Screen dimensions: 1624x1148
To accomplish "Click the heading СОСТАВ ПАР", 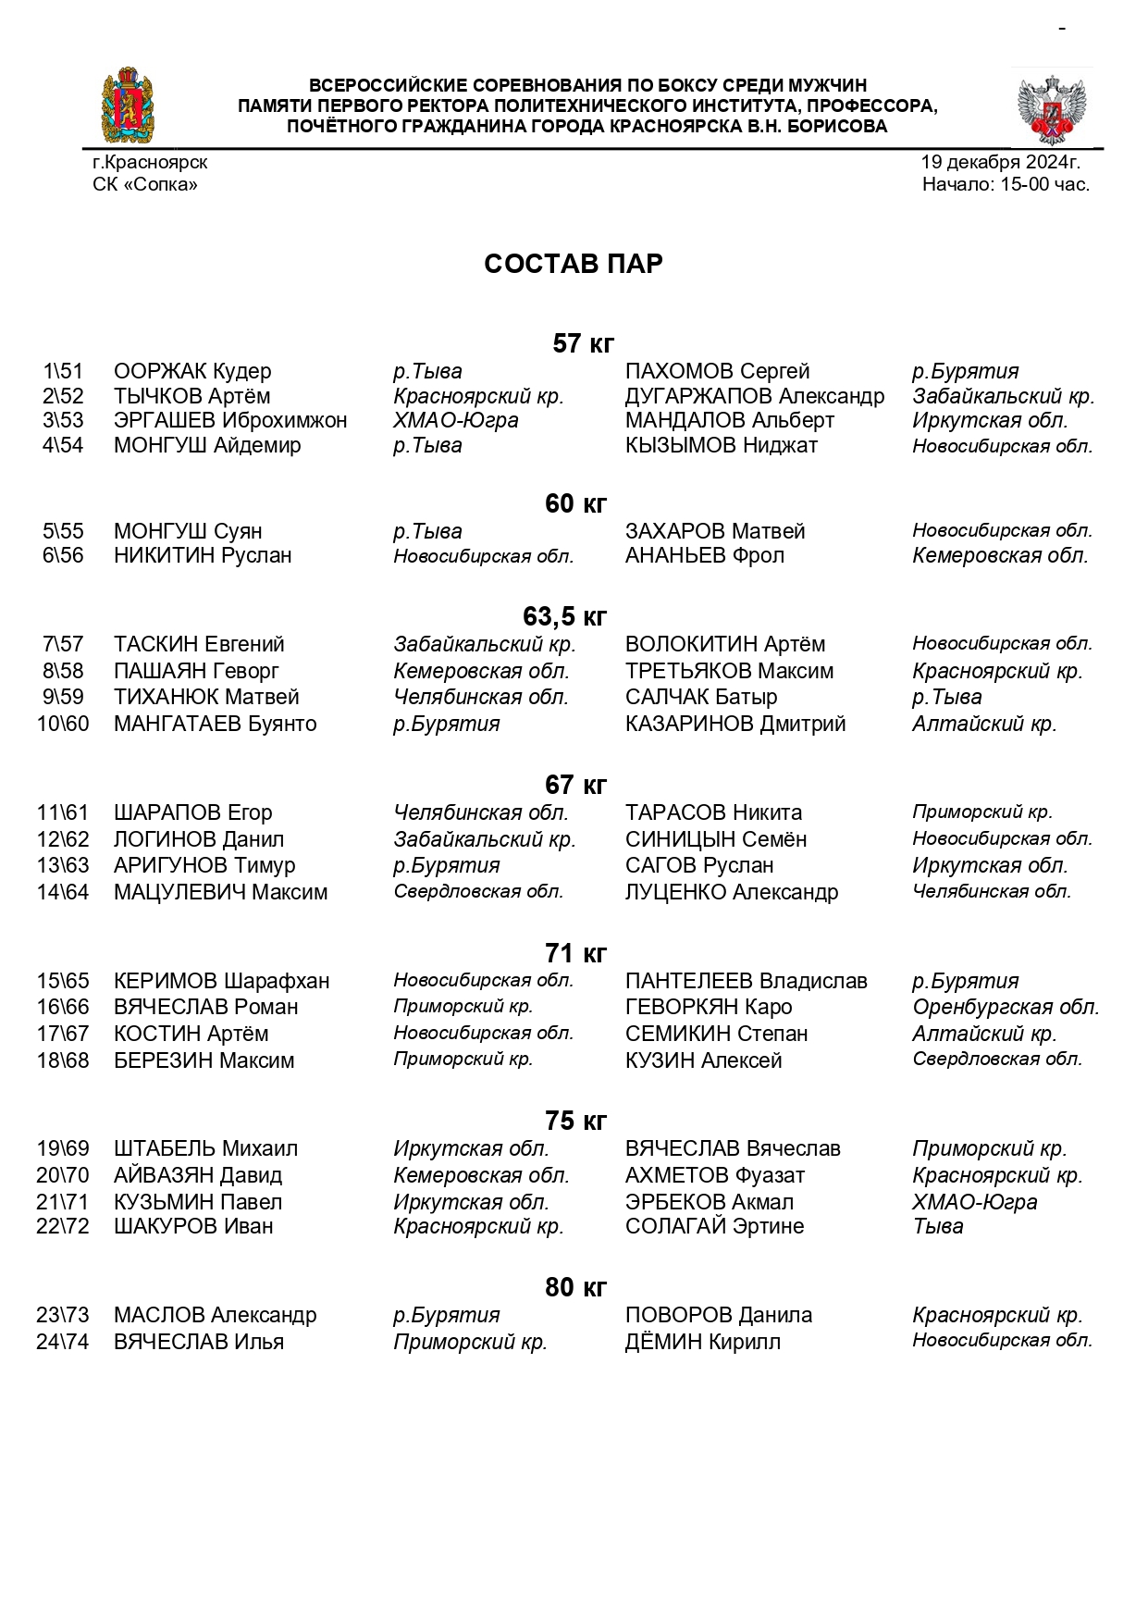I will tap(573, 264).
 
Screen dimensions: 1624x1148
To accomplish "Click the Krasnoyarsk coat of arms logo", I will tap(128, 105).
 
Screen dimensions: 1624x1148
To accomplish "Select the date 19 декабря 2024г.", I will tap(1000, 162).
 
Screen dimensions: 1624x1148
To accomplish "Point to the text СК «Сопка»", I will tap(145, 184).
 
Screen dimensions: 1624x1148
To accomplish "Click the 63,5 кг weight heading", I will tap(564, 616).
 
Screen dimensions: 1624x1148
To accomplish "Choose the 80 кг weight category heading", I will tap(575, 1287).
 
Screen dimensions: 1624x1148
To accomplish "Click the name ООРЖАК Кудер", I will tap(192, 371).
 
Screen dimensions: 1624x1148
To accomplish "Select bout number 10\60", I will tap(63, 724).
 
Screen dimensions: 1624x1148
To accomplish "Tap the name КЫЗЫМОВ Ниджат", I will tap(722, 445).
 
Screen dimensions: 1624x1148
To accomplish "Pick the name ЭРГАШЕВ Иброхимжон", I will tap(230, 420).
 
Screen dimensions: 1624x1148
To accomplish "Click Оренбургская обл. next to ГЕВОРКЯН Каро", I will tap(1006, 1007).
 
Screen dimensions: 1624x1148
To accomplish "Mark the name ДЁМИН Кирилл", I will tap(702, 1342).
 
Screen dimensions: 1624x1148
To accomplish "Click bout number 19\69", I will tap(63, 1148).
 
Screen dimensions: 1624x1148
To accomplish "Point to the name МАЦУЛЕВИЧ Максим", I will tap(220, 892).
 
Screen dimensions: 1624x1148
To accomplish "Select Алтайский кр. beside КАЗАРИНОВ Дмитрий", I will tap(984, 724).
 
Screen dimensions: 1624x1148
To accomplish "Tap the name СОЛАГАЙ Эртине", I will tap(714, 1226).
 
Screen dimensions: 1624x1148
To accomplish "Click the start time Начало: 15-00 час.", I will tap(1006, 184).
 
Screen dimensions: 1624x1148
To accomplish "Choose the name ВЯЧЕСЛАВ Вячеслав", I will tap(733, 1148).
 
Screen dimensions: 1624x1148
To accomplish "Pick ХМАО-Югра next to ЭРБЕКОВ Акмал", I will tap(974, 1202).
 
